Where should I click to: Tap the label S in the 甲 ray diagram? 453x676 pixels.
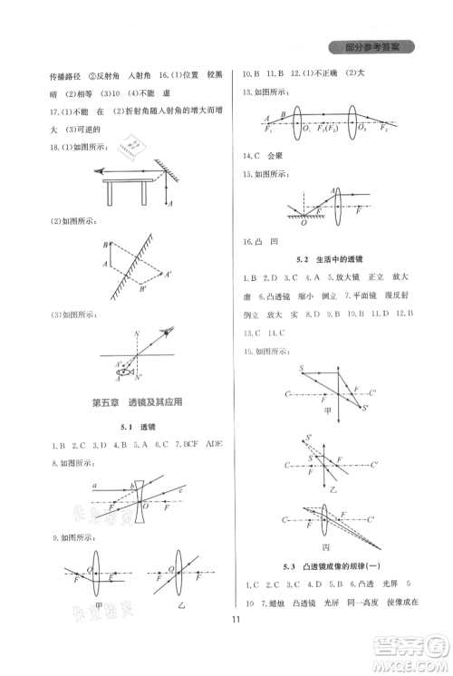tap(300, 367)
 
